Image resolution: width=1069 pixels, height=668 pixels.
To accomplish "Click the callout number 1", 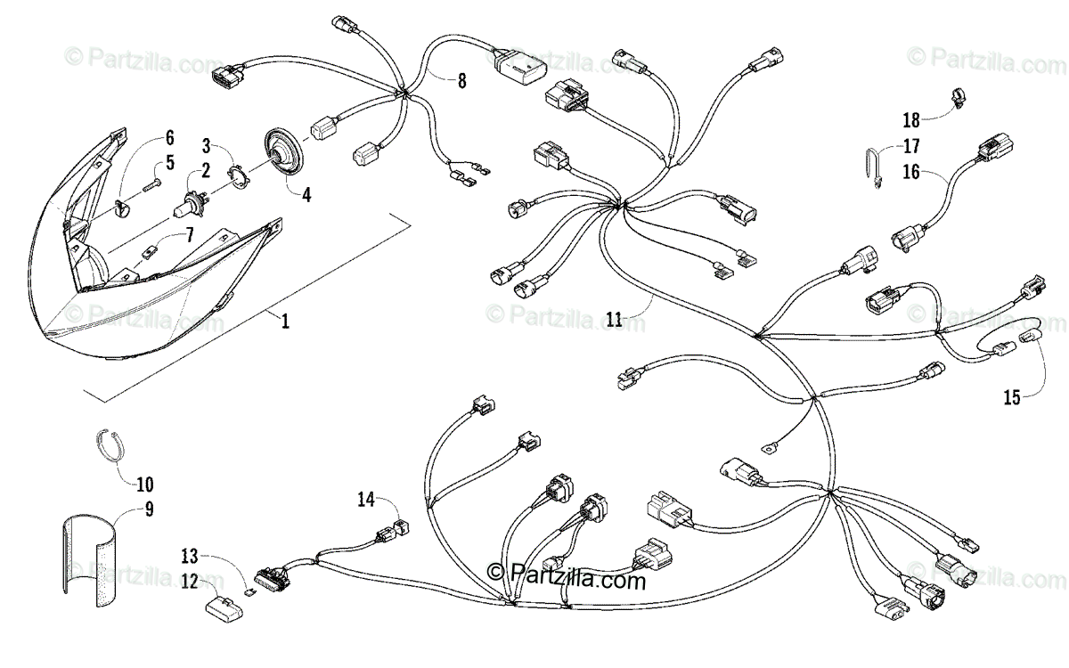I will coord(285,322).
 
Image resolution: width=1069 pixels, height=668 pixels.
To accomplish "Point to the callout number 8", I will coord(461,82).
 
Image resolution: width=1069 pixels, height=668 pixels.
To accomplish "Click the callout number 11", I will coord(615,319).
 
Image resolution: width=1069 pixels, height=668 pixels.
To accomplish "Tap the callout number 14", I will coord(365,499).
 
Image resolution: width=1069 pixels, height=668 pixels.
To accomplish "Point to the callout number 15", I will coord(1011,397).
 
